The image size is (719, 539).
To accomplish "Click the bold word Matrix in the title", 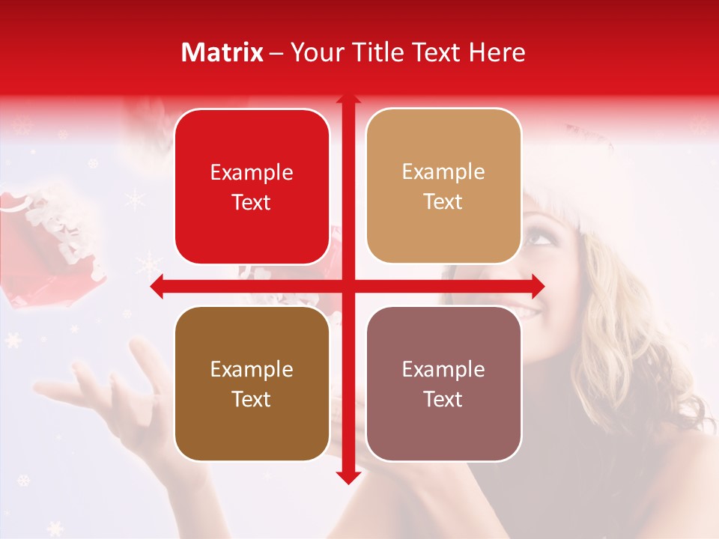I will [222, 52].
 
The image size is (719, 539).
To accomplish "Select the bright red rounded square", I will [252, 186].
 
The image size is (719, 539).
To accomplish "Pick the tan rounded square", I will [443, 186].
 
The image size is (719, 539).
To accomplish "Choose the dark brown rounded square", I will [252, 383].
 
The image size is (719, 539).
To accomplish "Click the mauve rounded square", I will [443, 383].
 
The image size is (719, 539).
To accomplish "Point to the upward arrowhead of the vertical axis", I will [348, 99].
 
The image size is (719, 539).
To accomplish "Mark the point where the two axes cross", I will [348, 286].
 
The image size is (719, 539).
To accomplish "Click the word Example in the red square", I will [252, 173].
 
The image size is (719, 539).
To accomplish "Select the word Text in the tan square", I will [443, 202].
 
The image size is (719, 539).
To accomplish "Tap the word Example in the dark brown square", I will [252, 370].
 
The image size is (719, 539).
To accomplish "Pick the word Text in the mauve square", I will [443, 400].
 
